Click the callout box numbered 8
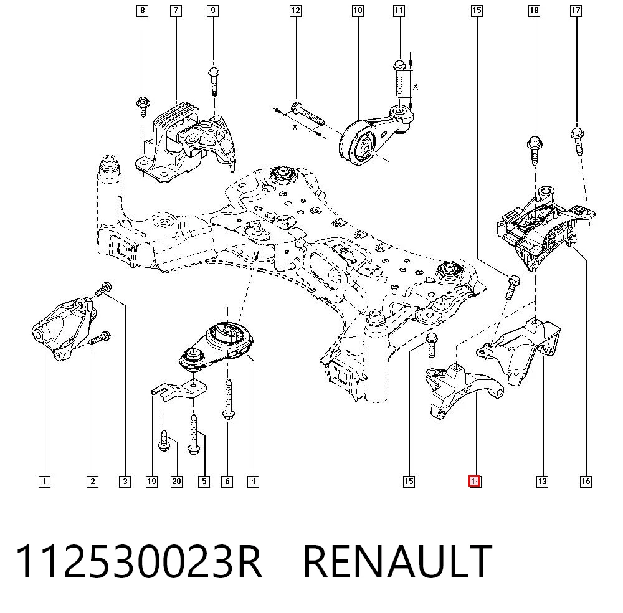(142, 11)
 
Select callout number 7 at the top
(176, 11)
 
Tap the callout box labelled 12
(295, 11)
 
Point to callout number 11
(399, 11)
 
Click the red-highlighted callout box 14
(474, 482)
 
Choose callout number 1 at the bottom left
(44, 482)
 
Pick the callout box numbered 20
(176, 482)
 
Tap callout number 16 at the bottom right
(586, 482)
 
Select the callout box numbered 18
(535, 11)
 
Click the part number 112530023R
(139, 561)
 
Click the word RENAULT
(397, 561)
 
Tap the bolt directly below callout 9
(214, 82)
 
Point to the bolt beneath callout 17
(577, 141)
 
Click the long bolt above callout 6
(228, 399)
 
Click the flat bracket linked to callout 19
(179, 390)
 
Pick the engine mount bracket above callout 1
(64, 328)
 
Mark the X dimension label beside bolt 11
(416, 87)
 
